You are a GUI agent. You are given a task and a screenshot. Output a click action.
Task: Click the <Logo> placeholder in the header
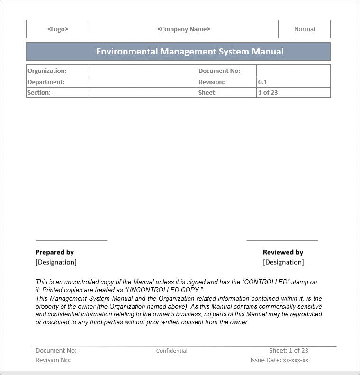[x=57, y=29]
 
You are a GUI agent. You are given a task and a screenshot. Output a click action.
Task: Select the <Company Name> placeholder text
[x=183, y=29]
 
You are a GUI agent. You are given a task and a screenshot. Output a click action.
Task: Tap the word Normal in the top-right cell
[x=304, y=29]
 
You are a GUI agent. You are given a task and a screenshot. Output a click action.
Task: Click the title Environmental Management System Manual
[x=189, y=52]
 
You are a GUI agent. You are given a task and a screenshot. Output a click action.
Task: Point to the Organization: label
[x=47, y=71]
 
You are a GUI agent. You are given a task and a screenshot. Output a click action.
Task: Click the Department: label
[x=46, y=82]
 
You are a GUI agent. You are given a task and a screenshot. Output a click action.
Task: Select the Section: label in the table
[x=39, y=93]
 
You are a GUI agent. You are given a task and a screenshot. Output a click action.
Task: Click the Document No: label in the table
[x=219, y=71]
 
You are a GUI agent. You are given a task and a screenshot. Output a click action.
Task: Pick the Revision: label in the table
[x=211, y=82]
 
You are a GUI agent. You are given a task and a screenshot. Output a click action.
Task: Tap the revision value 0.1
[x=262, y=82]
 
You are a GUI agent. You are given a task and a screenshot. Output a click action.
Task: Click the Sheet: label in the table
[x=207, y=93]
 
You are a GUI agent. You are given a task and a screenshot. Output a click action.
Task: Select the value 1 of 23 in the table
[x=268, y=93]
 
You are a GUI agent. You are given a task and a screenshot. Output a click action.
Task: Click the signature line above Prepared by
[x=71, y=241]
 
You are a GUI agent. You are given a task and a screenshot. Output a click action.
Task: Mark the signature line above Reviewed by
[x=282, y=241]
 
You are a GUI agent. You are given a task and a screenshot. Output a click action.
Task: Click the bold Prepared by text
[x=54, y=252]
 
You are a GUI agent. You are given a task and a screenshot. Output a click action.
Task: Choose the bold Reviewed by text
[x=283, y=252]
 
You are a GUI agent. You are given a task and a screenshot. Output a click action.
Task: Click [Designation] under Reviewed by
[x=283, y=262]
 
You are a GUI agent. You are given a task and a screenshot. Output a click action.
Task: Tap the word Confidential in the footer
[x=171, y=351]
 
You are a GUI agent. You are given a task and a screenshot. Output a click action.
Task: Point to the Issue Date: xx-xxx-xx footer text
[x=279, y=360]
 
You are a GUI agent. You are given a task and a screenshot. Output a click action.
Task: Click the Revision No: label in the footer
[x=53, y=360]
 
